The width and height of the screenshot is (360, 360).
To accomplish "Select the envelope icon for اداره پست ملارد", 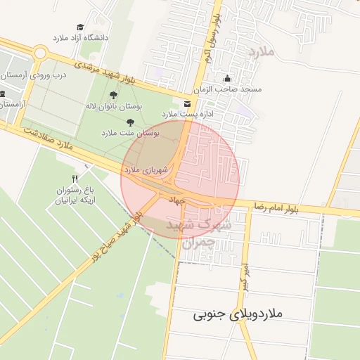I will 186,103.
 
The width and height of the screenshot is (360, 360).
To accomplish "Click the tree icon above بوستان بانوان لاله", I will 113,95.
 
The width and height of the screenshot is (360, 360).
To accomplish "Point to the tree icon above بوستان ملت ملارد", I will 130,122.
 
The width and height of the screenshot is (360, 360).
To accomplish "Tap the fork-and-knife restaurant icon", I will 75,179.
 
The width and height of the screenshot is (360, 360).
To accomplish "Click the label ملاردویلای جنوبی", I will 238,314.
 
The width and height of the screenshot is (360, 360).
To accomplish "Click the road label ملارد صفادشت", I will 47,139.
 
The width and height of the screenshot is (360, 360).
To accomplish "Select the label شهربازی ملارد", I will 146,169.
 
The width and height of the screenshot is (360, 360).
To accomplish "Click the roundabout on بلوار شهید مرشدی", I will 40,53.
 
